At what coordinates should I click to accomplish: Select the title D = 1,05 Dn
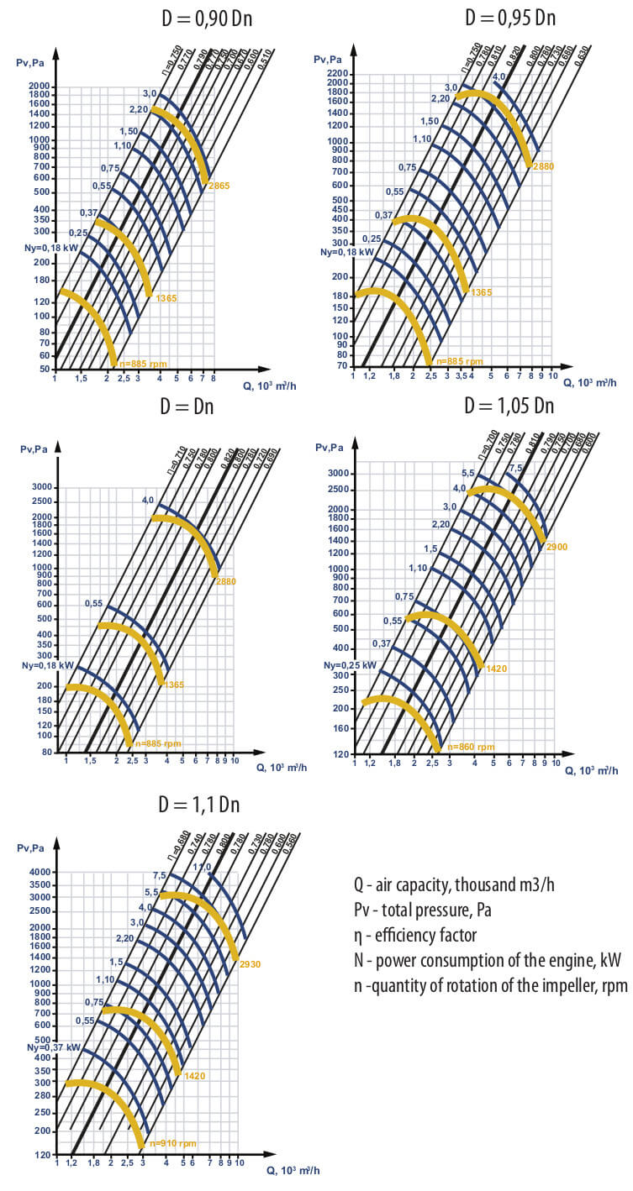509,407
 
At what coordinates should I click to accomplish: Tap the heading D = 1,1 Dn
199,804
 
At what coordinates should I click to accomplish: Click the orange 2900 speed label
557,547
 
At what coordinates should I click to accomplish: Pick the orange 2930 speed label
250,964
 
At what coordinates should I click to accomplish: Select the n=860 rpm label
471,746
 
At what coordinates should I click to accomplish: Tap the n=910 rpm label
172,1143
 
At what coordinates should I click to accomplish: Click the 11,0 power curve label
202,868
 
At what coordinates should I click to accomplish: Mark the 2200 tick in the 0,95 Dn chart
337,74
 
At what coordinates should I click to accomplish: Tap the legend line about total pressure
427,910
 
